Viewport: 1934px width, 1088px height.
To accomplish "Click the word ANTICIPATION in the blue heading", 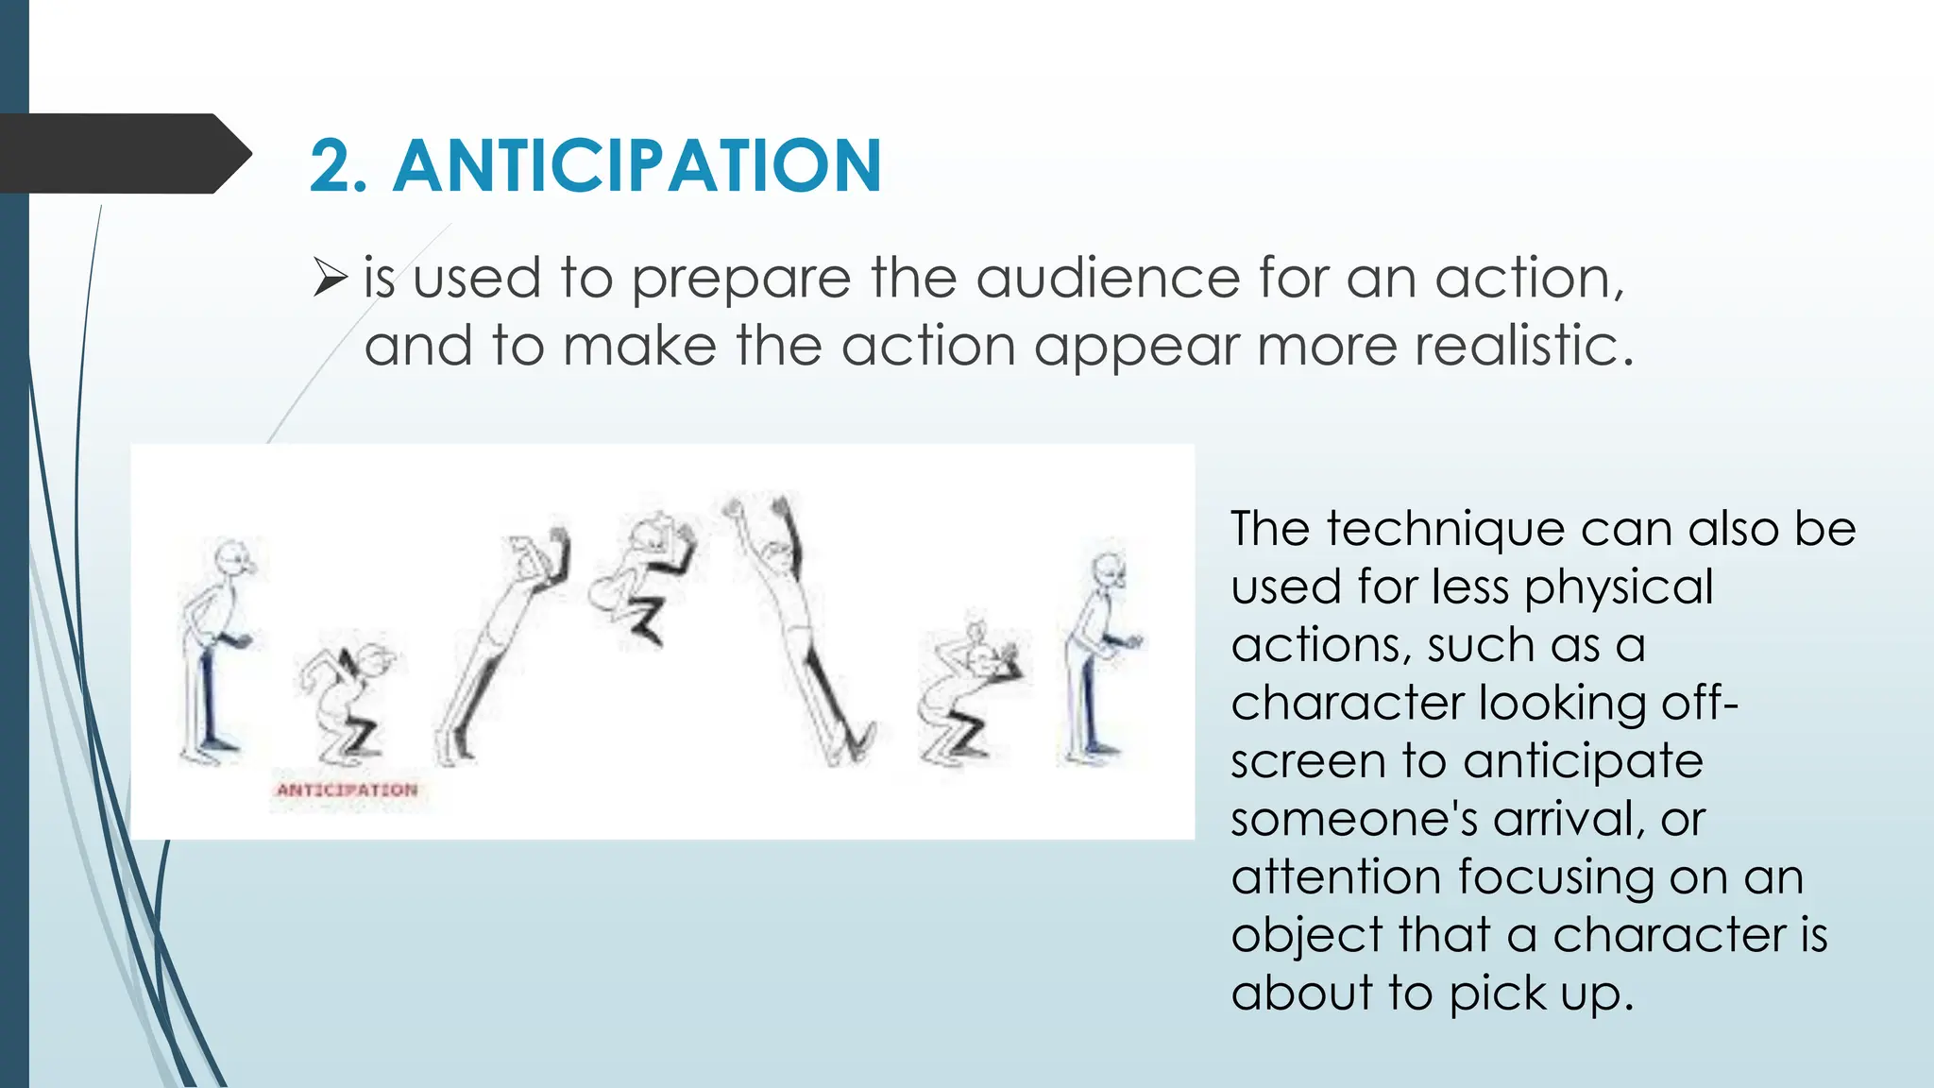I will pyautogui.click(x=637, y=166).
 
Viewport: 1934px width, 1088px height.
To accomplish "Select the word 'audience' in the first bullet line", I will pyautogui.click(x=1107, y=279).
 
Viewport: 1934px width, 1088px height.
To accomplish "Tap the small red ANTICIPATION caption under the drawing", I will pyautogui.click(x=347, y=790).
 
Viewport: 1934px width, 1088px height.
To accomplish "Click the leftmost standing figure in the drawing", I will pyautogui.click(x=216, y=652).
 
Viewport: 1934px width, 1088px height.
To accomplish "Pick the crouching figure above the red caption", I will pyautogui.click(x=347, y=699).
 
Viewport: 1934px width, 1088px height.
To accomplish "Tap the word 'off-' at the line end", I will pyautogui.click(x=1699, y=703).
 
